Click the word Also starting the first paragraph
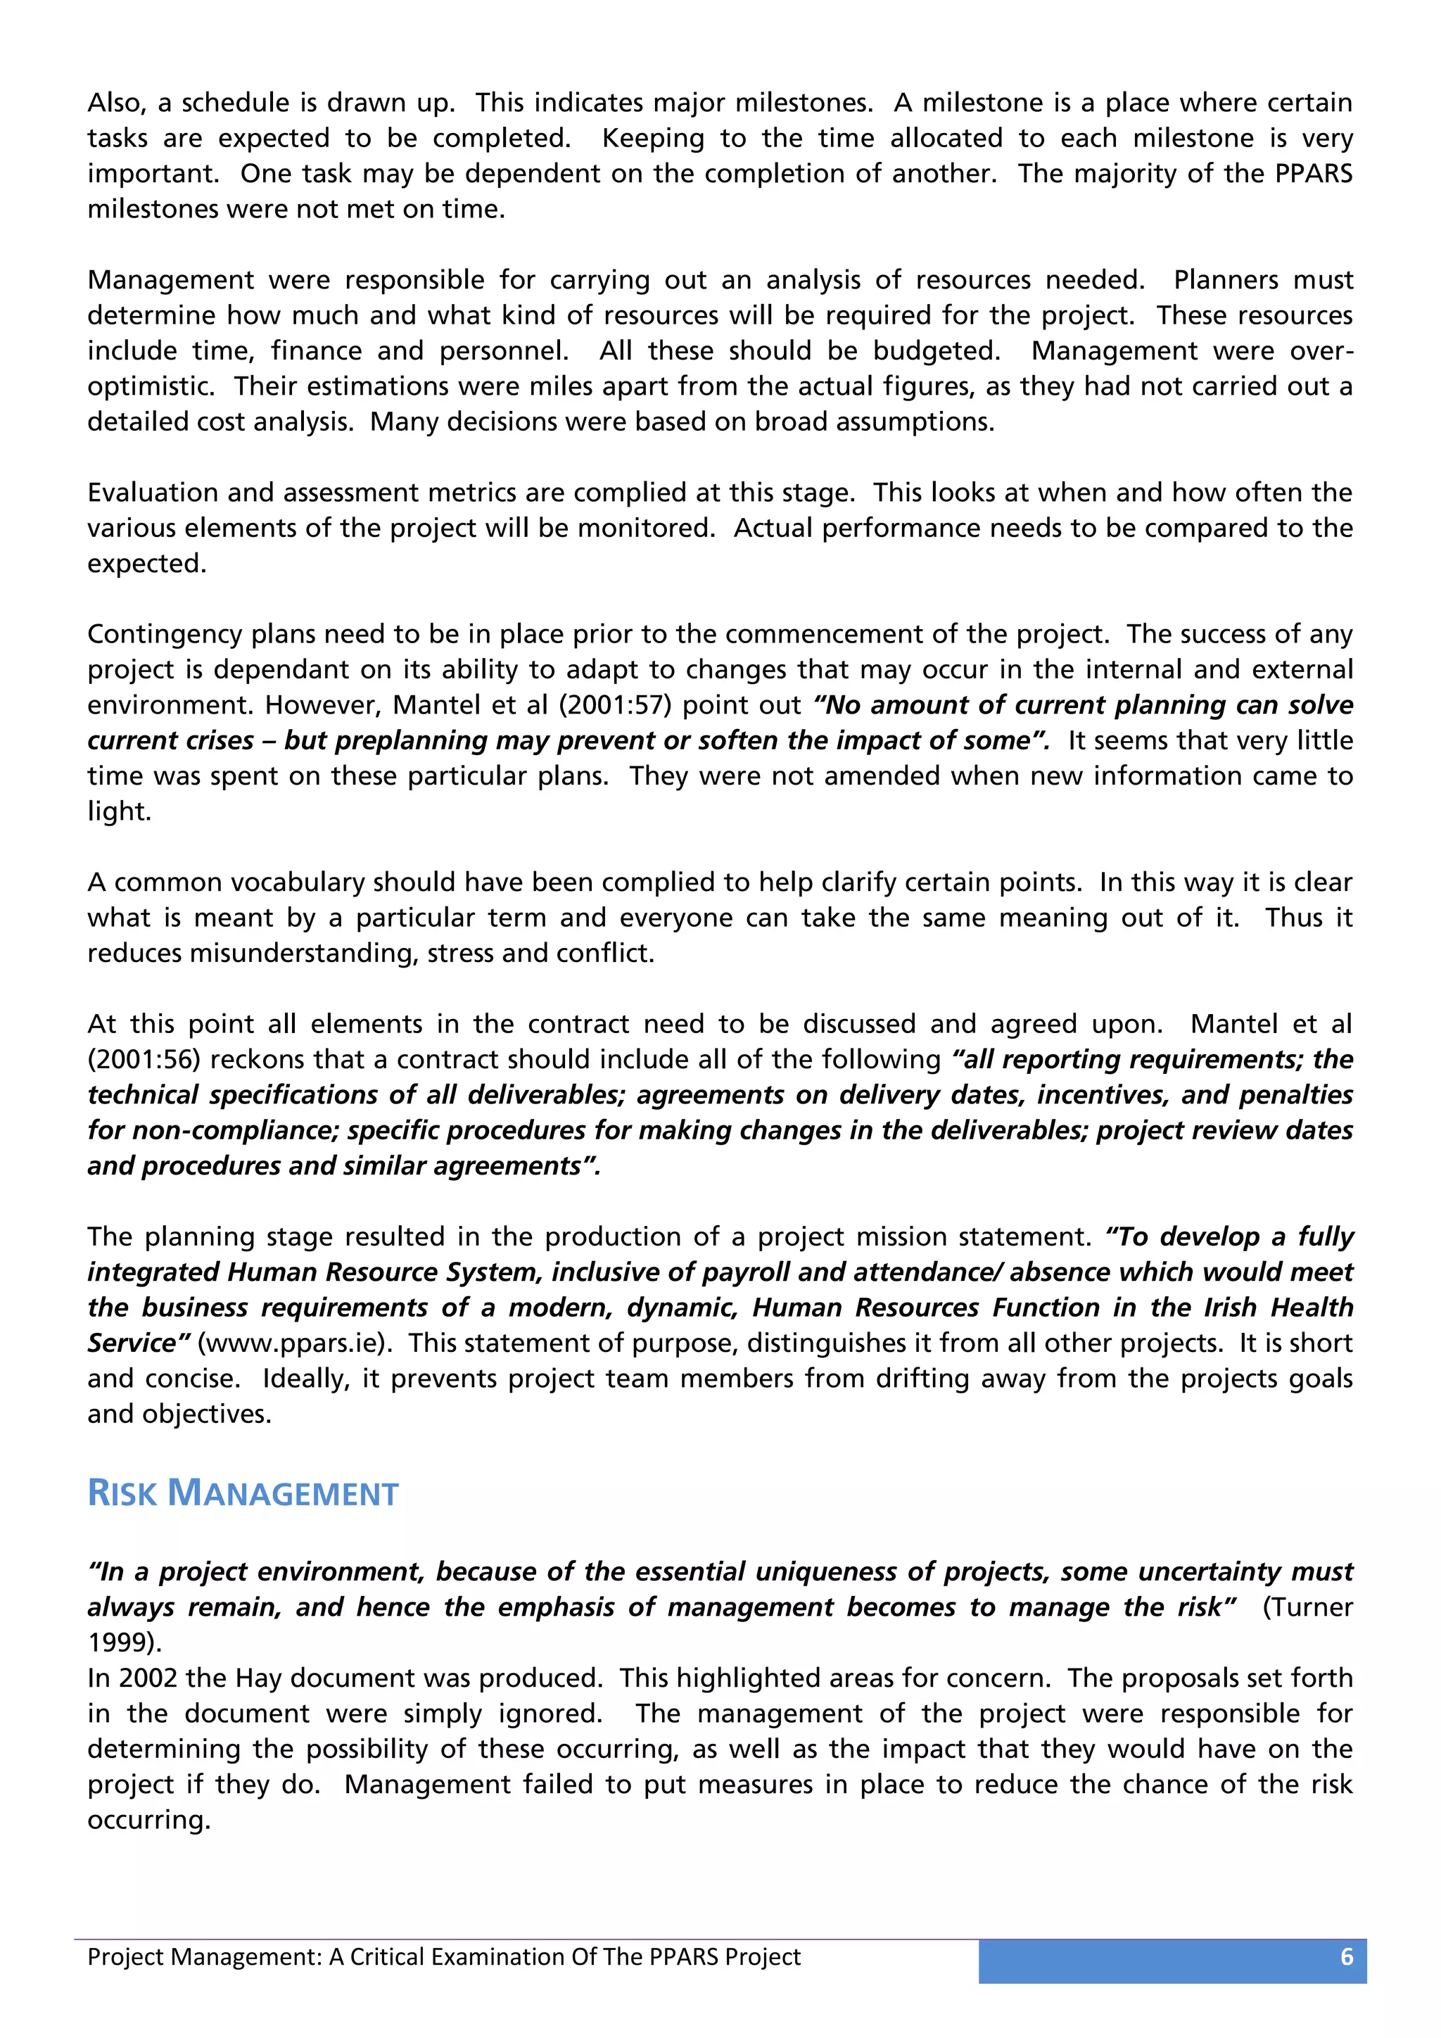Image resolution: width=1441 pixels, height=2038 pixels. pos(115,103)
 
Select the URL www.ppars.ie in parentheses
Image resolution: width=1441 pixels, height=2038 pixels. pos(293,1343)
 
